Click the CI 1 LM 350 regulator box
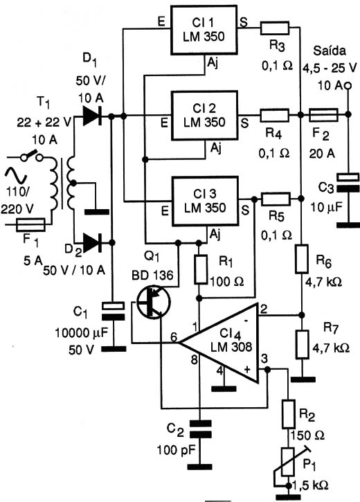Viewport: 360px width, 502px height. pyautogui.click(x=204, y=30)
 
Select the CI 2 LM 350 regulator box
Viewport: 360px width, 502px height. pyautogui.click(x=204, y=116)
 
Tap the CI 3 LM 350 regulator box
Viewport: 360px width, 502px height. pyautogui.click(x=205, y=201)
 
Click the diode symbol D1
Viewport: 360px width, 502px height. pyautogui.click(x=92, y=116)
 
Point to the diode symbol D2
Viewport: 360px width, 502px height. pyautogui.click(x=92, y=242)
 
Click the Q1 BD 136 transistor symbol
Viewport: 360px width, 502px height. pyautogui.click(x=153, y=302)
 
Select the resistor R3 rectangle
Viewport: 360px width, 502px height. pyautogui.click(x=275, y=28)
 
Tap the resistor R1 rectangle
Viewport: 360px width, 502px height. pyautogui.click(x=201, y=269)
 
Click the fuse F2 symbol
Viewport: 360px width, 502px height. pyautogui.click(x=323, y=115)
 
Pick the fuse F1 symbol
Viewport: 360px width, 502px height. pyautogui.click(x=30, y=225)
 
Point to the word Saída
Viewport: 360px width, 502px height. pyautogui.click(x=330, y=51)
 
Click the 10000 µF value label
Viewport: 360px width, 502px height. pyautogui.click(x=81, y=332)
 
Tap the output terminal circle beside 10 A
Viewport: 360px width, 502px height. pyautogui.click(x=348, y=86)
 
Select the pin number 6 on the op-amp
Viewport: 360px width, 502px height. pyautogui.click(x=174, y=337)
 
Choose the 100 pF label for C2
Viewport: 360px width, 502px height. pyautogui.click(x=176, y=450)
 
